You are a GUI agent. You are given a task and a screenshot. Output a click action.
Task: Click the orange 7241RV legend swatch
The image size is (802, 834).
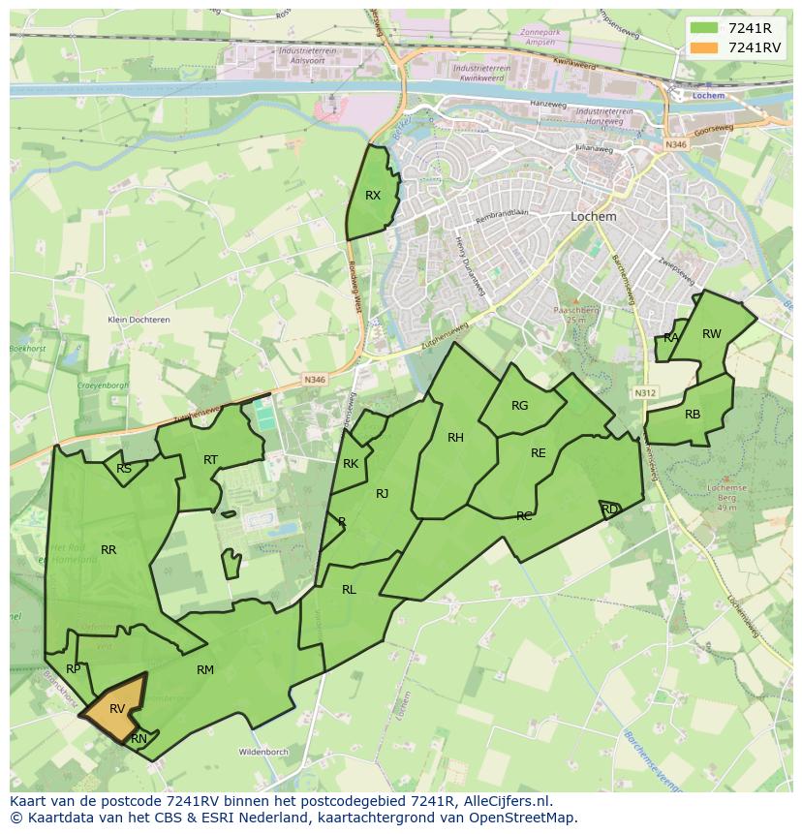(x=704, y=47)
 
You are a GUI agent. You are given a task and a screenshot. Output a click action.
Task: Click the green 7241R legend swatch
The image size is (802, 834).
(x=704, y=27)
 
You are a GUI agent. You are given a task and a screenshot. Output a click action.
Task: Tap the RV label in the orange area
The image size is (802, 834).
(x=117, y=709)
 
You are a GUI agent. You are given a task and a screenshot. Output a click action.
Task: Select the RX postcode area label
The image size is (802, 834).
(x=373, y=196)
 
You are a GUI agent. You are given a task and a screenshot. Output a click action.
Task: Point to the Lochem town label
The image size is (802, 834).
(x=594, y=217)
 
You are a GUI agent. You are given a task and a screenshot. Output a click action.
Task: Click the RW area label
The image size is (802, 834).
(x=712, y=334)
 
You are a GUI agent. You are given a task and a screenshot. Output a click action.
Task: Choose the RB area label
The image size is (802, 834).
(x=693, y=415)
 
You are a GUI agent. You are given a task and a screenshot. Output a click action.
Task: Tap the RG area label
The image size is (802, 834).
(x=520, y=406)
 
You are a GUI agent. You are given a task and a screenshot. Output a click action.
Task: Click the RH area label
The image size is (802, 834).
(x=455, y=438)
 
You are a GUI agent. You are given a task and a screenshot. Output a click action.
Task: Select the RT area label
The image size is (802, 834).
(x=210, y=460)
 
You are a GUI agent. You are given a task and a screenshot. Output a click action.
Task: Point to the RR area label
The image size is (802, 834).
(x=108, y=550)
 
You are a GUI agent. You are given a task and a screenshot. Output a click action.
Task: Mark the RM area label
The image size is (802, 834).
(x=205, y=670)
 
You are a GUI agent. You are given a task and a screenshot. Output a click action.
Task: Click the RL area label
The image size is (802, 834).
(x=349, y=590)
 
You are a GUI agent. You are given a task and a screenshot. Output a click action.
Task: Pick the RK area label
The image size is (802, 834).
(x=351, y=464)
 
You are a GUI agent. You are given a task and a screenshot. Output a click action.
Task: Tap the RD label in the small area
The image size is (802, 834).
(x=609, y=509)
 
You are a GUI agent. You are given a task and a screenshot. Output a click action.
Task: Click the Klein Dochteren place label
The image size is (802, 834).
(x=139, y=320)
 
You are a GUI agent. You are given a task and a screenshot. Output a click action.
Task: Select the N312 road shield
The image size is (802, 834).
(x=645, y=393)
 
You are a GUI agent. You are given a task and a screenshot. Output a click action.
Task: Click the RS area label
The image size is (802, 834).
(x=124, y=469)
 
